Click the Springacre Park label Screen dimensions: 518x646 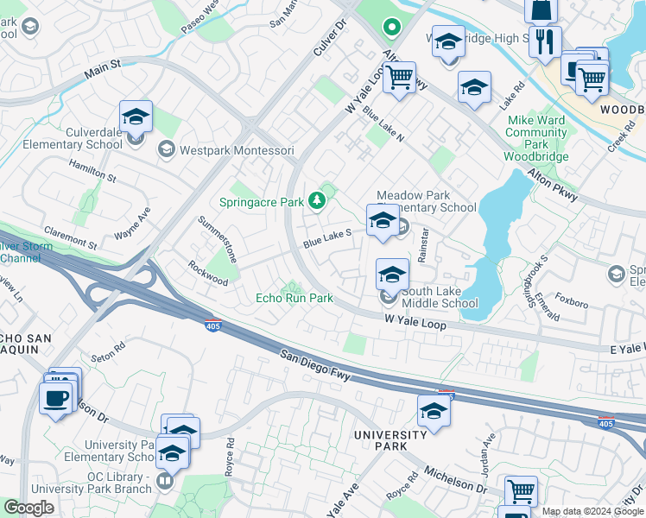pyautogui.click(x=268, y=202)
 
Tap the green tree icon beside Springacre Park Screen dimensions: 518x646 pyautogui.click(x=318, y=201)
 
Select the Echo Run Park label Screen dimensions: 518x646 pyautogui.click(x=294, y=298)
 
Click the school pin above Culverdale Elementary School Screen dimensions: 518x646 pyautogui.click(x=136, y=117)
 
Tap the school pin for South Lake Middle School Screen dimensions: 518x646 pyautogui.click(x=392, y=275)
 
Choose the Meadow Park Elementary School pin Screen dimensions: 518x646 pyautogui.click(x=383, y=220)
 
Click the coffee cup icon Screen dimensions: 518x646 pyautogui.click(x=57, y=399)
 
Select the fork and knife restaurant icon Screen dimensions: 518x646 pyautogui.click(x=545, y=41)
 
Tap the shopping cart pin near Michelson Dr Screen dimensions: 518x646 pyautogui.click(x=521, y=492)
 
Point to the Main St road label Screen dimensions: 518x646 pyautogui.click(x=103, y=69)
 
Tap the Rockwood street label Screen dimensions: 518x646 pyautogui.click(x=209, y=268)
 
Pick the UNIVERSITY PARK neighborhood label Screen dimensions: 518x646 pyautogui.click(x=391, y=440)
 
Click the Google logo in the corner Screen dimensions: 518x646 pyautogui.click(x=29, y=508)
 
